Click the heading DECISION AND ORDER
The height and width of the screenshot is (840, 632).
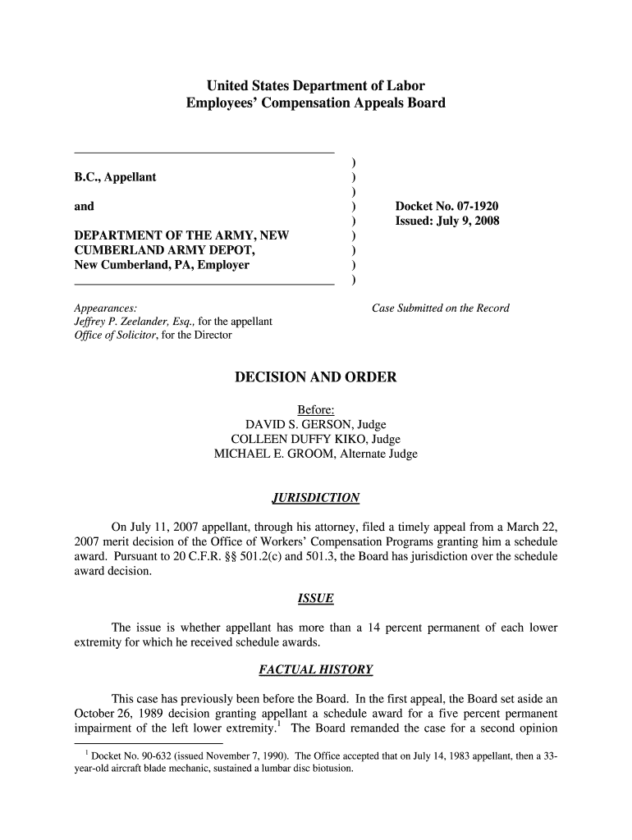click(315, 377)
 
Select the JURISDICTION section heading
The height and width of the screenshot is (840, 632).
click(315, 498)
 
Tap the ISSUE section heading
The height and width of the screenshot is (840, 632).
click(315, 598)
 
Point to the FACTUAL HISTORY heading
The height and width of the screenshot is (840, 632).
click(315, 669)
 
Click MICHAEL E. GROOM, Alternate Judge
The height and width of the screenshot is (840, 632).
click(315, 454)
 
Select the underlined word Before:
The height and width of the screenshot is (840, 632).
click(315, 409)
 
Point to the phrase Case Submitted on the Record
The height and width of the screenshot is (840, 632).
click(441, 308)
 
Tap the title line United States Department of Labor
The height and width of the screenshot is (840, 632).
click(315, 85)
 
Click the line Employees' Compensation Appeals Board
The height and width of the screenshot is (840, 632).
click(315, 103)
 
